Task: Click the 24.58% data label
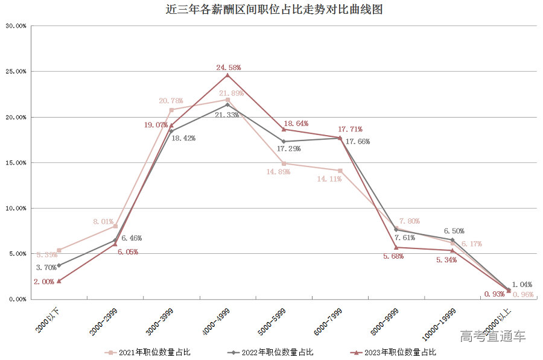click(229, 67)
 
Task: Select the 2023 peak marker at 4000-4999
click(227, 75)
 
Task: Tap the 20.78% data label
click(171, 101)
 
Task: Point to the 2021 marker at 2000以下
click(59, 250)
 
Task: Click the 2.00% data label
click(45, 282)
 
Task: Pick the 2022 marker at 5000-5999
click(284, 142)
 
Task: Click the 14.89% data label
click(278, 172)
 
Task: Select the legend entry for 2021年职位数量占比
click(151, 352)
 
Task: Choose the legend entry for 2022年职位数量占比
click(273, 352)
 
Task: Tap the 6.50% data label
click(454, 231)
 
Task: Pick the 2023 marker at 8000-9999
click(396, 247)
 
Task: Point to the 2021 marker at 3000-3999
click(171, 110)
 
